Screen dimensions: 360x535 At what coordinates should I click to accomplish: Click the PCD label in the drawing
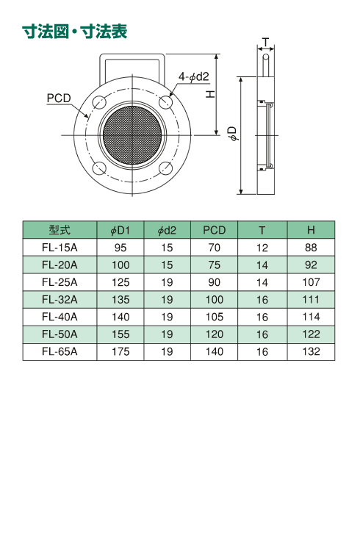(59, 98)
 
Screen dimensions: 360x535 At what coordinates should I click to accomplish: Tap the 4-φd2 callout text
(193, 76)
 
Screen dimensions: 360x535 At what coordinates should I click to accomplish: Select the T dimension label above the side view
(265, 42)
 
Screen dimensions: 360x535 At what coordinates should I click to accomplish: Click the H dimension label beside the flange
(211, 94)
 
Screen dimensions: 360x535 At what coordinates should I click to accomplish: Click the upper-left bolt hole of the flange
(99, 101)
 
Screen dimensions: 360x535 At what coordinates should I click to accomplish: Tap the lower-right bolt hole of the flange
(166, 168)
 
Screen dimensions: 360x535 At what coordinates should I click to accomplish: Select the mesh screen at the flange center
(132, 135)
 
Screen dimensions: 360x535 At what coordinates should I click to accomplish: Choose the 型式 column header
(60, 230)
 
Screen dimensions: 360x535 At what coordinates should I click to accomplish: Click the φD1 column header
(120, 230)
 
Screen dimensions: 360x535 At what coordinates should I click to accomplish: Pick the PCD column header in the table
(215, 230)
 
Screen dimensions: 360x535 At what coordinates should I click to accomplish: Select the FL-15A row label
(60, 248)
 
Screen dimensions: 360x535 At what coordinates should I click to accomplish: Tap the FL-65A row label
(60, 351)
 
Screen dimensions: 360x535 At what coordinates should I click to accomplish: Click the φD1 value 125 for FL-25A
(120, 282)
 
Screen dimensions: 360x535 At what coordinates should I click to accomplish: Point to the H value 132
(311, 351)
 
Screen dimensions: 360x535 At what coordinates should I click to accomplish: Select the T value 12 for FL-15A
(262, 248)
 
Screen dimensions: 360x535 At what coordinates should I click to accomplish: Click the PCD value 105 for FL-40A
(215, 317)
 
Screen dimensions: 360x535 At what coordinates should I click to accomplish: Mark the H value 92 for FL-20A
(311, 265)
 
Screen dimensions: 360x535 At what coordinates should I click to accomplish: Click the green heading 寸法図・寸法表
(75, 32)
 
